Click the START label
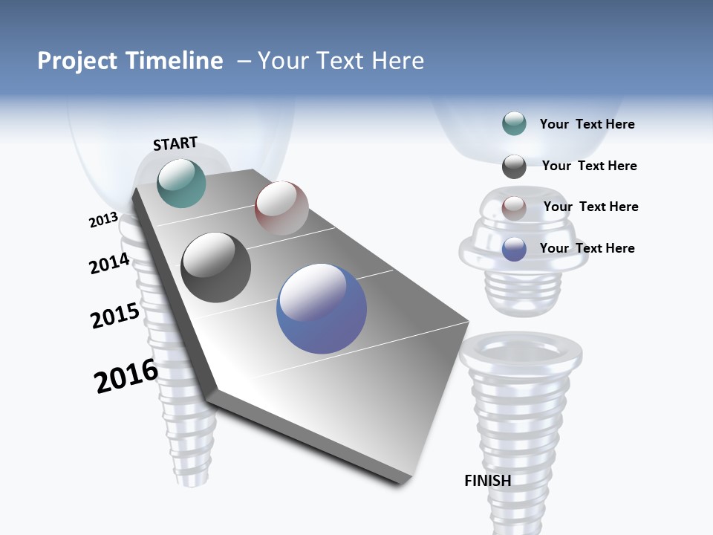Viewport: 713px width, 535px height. click(x=175, y=143)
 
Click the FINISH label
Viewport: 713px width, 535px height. click(x=488, y=481)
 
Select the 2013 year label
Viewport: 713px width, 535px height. click(x=103, y=220)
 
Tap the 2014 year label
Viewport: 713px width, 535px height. click(x=110, y=264)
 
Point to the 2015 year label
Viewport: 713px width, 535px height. click(x=115, y=316)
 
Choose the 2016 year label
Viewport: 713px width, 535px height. click(x=126, y=376)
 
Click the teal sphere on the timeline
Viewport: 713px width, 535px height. click(x=182, y=183)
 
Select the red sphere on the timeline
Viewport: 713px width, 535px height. click(x=281, y=208)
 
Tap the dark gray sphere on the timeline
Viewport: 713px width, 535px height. click(x=216, y=267)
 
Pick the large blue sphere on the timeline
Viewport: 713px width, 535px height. click(x=322, y=308)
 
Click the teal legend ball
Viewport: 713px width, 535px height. click(x=514, y=124)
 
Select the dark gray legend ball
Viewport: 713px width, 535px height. click(x=514, y=166)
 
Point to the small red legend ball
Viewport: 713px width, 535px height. click(x=514, y=208)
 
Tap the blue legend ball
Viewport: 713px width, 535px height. click(x=514, y=249)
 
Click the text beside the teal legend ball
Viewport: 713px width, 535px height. click(x=587, y=124)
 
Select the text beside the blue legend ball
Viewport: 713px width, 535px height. click(x=587, y=248)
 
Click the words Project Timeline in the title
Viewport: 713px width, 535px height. click(x=130, y=61)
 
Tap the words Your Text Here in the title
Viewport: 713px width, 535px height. click(x=341, y=61)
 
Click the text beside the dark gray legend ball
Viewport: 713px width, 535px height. click(x=589, y=166)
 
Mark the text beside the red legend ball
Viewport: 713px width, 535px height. click(x=590, y=207)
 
